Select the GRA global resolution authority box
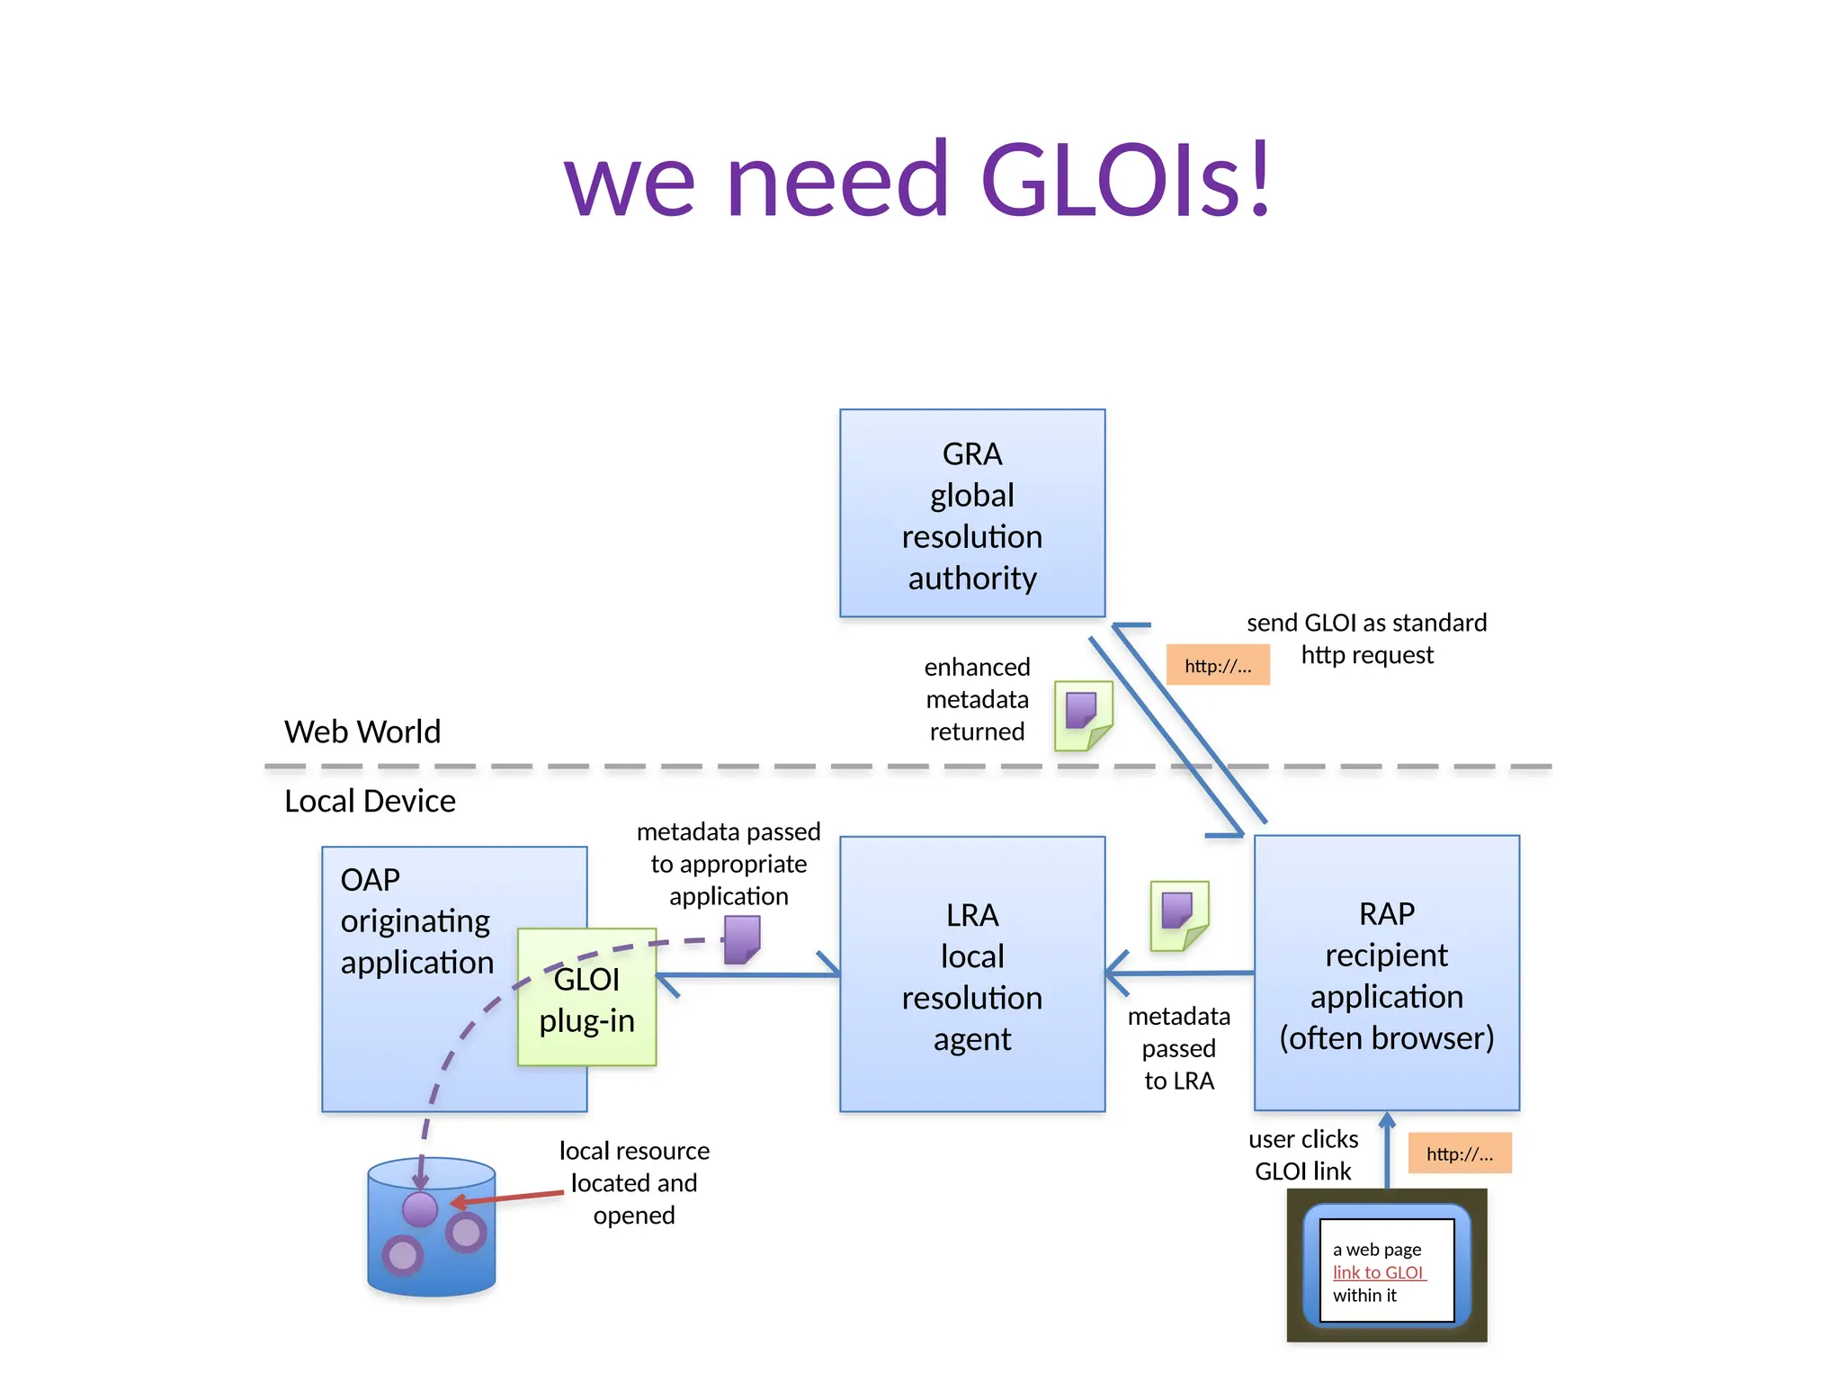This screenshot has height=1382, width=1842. (x=971, y=513)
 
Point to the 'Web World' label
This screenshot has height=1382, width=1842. (x=362, y=731)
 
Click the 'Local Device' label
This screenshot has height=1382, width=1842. (x=370, y=801)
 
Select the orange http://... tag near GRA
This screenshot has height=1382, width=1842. (x=1218, y=666)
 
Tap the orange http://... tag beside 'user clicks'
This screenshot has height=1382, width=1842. (x=1459, y=1153)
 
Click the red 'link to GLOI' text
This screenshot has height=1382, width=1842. (x=1378, y=1272)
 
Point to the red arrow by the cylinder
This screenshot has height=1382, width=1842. (x=508, y=1198)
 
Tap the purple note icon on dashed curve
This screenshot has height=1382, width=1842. (x=742, y=939)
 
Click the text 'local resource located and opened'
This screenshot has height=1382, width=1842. (x=634, y=1182)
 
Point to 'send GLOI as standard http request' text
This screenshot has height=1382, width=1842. (x=1366, y=638)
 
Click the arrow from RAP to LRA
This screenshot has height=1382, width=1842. (x=1178, y=974)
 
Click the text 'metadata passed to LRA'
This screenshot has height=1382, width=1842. (x=1178, y=1048)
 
